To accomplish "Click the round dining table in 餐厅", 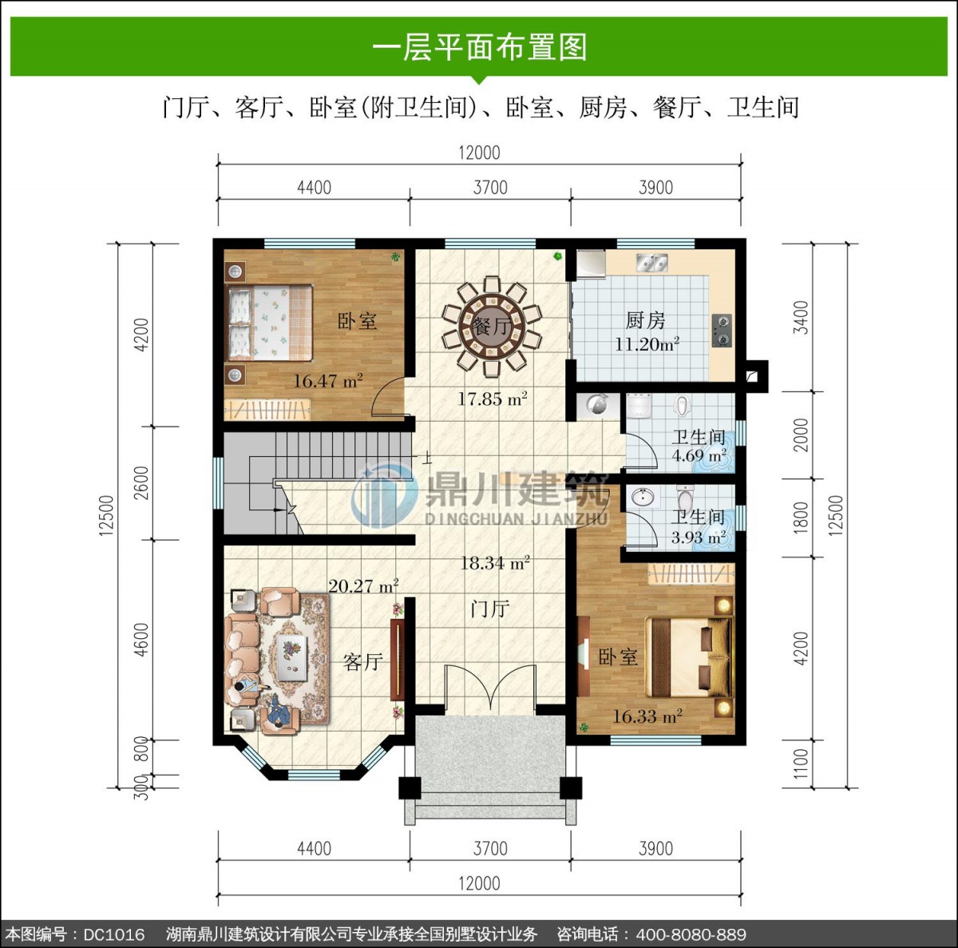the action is [492, 327].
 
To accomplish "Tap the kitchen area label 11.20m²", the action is [647, 344].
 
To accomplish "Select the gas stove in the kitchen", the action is [722, 331].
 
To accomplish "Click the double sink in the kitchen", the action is [652, 263].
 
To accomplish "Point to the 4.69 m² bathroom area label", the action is [699, 455].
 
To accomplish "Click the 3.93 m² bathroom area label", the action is [698, 537].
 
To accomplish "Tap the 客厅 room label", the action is [363, 662].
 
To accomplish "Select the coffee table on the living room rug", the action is [291, 657].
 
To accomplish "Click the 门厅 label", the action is [490, 609].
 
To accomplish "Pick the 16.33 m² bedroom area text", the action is [647, 716].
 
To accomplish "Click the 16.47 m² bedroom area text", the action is [327, 381].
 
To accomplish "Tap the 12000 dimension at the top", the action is [479, 153].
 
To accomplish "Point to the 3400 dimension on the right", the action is [801, 317].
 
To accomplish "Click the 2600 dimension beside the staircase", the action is [142, 482].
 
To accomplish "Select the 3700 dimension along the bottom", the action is [490, 848].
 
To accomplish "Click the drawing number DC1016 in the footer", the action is [114, 934].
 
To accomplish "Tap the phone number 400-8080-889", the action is [691, 934].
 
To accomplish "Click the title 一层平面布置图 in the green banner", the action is [479, 48].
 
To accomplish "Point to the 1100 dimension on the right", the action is [801, 764].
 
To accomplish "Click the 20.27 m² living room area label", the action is [363, 585].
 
